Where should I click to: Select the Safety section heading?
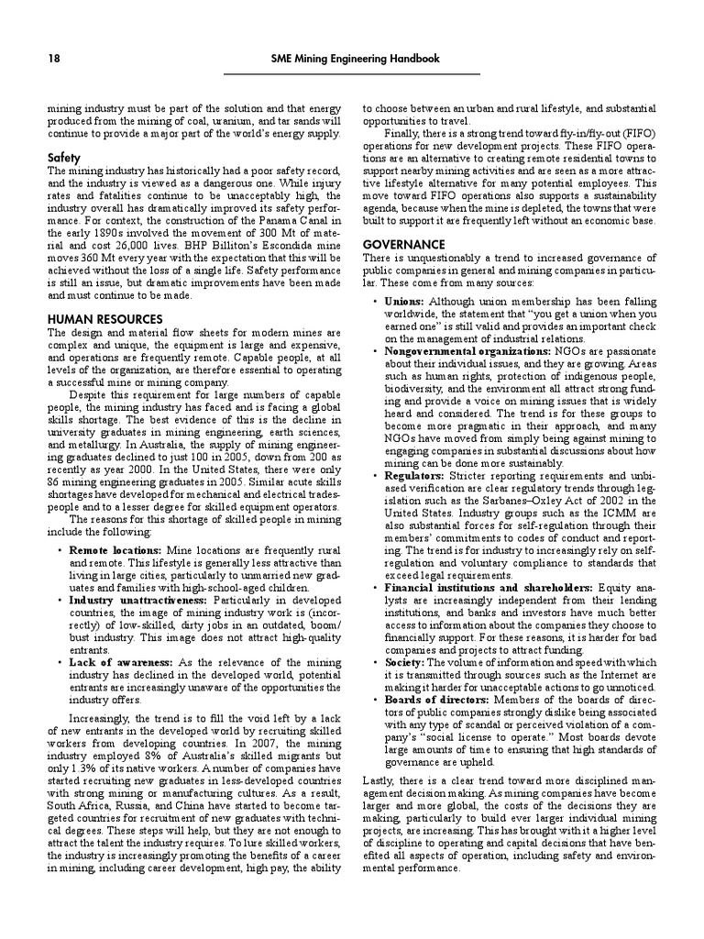point(64,158)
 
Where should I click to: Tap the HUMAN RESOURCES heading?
point(104,318)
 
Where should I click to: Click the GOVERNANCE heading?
point(404,245)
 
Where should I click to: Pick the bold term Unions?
point(404,301)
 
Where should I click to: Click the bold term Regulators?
point(414,476)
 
